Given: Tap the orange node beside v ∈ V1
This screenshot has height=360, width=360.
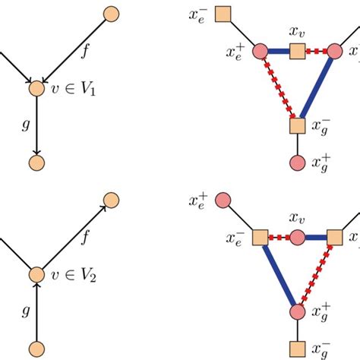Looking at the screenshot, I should point(36,89).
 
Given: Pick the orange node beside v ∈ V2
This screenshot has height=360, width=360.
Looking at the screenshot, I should point(36,274).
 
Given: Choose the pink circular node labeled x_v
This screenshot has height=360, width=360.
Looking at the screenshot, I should point(297,238).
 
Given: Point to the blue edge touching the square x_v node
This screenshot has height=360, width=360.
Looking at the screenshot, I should point(278,52).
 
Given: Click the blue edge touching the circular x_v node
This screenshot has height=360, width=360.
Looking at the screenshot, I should point(315,238).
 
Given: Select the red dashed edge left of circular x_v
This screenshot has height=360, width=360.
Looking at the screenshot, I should point(279,238).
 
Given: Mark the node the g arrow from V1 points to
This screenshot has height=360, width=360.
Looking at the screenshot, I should point(36,163).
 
